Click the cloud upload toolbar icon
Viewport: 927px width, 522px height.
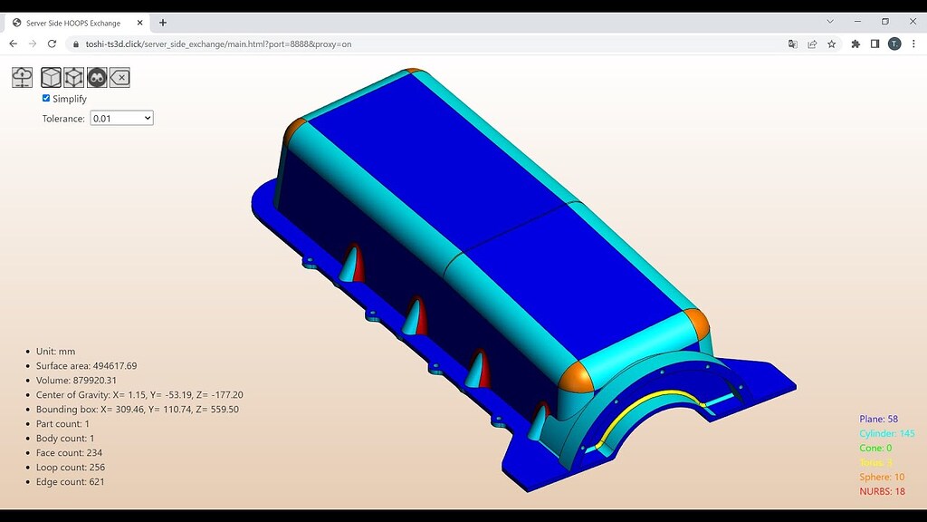pos(22,78)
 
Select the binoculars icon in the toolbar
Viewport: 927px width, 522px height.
pos(97,78)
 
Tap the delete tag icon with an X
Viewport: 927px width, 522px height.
pos(119,78)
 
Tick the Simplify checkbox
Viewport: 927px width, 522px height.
pos(46,98)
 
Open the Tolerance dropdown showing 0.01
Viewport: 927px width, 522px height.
pos(121,118)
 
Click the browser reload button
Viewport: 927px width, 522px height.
pos(52,43)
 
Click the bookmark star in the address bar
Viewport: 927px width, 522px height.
pos(831,43)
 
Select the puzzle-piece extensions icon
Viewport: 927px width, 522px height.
pos(855,43)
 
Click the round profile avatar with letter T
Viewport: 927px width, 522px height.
pos(894,43)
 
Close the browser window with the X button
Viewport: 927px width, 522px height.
pos(909,21)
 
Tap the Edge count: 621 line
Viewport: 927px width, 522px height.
pos(70,482)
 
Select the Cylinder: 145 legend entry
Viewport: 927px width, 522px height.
pos(886,434)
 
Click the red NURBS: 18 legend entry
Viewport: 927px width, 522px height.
pos(882,491)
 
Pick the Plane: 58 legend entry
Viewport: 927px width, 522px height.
pos(878,420)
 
